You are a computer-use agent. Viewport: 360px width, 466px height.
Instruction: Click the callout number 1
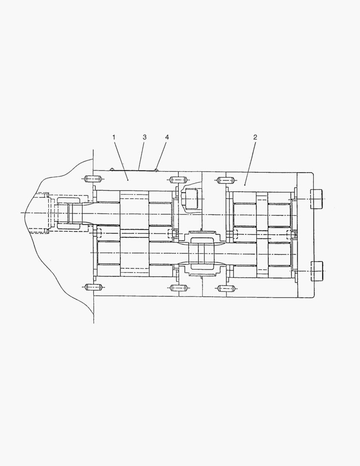point(114,137)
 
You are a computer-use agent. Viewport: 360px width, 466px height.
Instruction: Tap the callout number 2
point(255,137)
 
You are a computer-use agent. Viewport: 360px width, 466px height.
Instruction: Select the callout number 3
point(145,137)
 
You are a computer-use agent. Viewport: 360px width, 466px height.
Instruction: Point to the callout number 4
point(167,137)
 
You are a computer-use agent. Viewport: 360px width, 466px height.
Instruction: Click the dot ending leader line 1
point(128,179)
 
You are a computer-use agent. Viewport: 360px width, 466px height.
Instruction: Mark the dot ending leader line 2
point(245,185)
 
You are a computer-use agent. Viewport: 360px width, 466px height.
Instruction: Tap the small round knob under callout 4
point(156,170)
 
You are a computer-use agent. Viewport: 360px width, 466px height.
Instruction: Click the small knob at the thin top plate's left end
point(112,170)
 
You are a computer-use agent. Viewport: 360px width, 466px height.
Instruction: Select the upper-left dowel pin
point(93,179)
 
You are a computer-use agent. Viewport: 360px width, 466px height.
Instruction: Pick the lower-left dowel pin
point(93,287)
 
